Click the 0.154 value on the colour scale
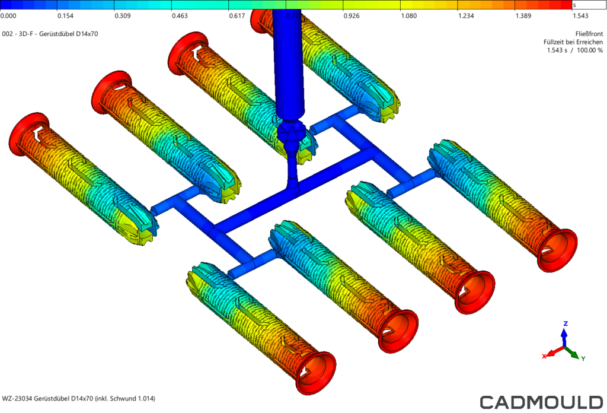(65, 16)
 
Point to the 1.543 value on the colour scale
(580, 16)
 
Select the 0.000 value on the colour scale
(8, 16)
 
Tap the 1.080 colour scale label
(409, 16)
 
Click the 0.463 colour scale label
(180, 16)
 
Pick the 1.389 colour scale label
(523, 16)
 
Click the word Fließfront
(589, 34)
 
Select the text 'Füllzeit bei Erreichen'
(573, 42)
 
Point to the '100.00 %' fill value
(590, 50)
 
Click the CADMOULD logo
(542, 402)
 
